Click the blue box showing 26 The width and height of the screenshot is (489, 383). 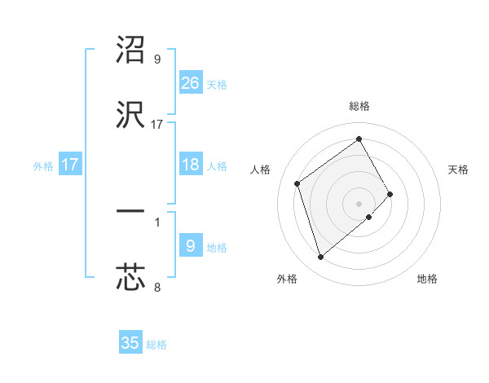(191, 82)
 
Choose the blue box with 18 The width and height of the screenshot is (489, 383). (191, 165)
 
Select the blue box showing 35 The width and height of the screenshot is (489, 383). (130, 343)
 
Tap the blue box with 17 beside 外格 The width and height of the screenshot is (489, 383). (70, 165)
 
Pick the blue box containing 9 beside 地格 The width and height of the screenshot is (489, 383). (191, 246)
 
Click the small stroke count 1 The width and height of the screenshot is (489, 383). (157, 222)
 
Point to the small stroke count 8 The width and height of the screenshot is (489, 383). (157, 286)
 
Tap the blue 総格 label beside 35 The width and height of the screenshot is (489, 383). (156, 345)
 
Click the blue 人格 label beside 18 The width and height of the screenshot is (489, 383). (217, 166)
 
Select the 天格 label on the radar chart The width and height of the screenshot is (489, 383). (459, 169)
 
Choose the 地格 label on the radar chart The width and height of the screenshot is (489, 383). (427, 279)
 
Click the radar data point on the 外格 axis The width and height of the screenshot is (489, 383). (321, 258)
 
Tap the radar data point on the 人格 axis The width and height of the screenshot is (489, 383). (297, 183)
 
